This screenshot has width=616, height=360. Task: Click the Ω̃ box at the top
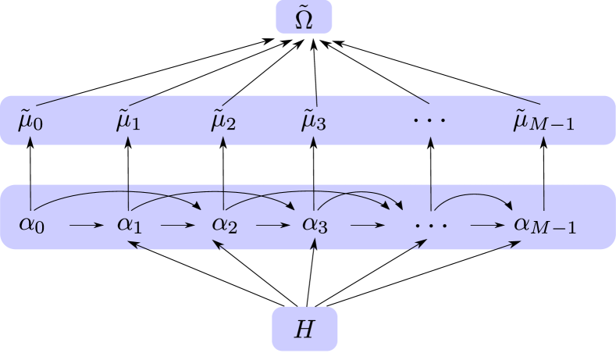(x=304, y=17)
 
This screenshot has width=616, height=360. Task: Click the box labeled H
(x=304, y=329)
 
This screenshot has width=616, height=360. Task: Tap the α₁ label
(x=128, y=225)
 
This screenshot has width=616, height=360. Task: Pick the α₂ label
(x=224, y=225)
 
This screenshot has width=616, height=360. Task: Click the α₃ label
(x=314, y=225)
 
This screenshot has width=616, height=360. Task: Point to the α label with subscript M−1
(x=545, y=225)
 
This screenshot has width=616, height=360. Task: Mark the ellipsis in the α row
(x=431, y=225)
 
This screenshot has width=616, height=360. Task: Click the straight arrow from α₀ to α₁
(x=86, y=226)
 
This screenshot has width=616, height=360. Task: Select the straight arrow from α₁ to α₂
(x=178, y=226)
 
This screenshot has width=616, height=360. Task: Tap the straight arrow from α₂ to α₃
(x=272, y=226)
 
